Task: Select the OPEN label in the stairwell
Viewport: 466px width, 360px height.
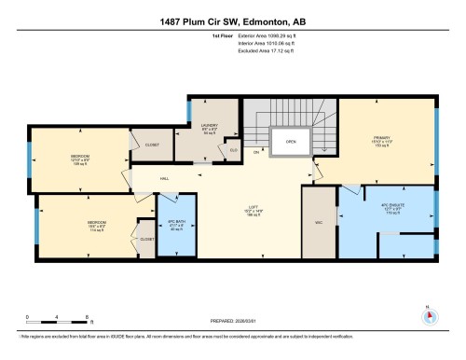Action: pos(290,143)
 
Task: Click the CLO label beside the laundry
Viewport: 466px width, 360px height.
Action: pos(234,149)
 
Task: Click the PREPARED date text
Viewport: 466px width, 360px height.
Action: pos(233,322)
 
